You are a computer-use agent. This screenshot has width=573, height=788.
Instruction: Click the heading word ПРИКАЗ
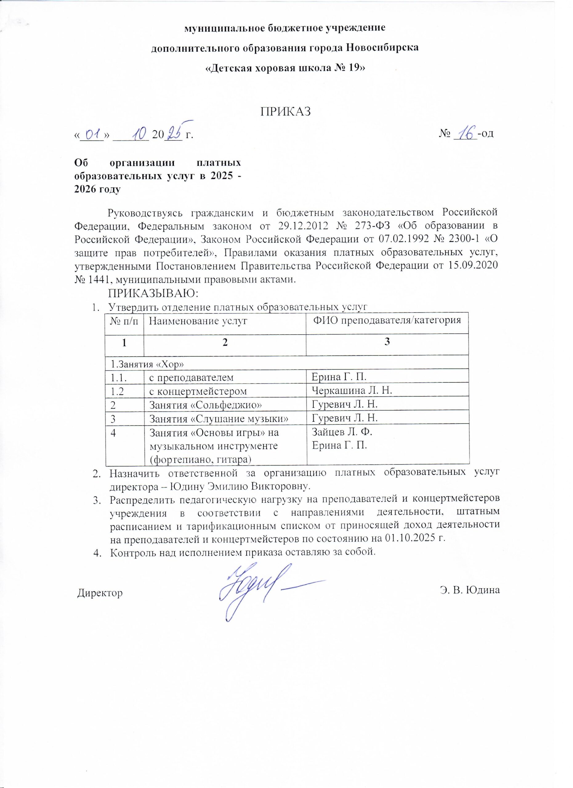pyautogui.click(x=285, y=111)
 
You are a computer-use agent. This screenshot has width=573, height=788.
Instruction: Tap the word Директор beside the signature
pyautogui.click(x=100, y=593)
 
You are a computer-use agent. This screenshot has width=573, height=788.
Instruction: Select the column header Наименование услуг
pyautogui.click(x=198, y=321)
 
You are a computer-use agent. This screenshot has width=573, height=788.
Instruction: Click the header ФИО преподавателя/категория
pyautogui.click(x=387, y=320)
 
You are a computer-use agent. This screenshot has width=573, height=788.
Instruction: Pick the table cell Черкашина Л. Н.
pyautogui.click(x=352, y=391)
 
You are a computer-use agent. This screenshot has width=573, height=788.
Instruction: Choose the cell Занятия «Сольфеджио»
pyautogui.click(x=205, y=404)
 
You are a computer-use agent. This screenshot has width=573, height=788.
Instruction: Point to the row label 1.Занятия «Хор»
pyautogui.click(x=147, y=364)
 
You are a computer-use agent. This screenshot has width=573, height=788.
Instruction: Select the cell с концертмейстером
pyautogui.click(x=198, y=391)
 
